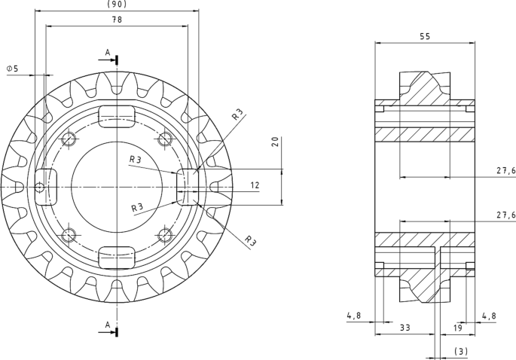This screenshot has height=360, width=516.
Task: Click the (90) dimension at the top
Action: click(117, 5)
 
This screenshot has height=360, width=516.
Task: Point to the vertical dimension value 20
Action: click(276, 142)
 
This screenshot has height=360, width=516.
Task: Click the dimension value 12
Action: click(255, 185)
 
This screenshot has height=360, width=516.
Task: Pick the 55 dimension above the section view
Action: click(425, 35)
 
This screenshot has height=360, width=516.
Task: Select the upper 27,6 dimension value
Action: click(505, 171)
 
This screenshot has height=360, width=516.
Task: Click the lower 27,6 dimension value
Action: click(505, 215)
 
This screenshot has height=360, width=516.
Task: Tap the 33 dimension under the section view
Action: click(405, 328)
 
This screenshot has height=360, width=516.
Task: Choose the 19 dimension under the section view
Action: click(457, 328)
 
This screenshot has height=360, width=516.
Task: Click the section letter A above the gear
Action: click(108, 53)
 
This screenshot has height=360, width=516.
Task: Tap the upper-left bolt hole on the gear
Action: click(69, 139)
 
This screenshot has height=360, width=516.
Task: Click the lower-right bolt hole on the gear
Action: click(165, 234)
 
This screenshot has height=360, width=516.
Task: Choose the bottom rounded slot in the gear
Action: click(118, 257)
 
